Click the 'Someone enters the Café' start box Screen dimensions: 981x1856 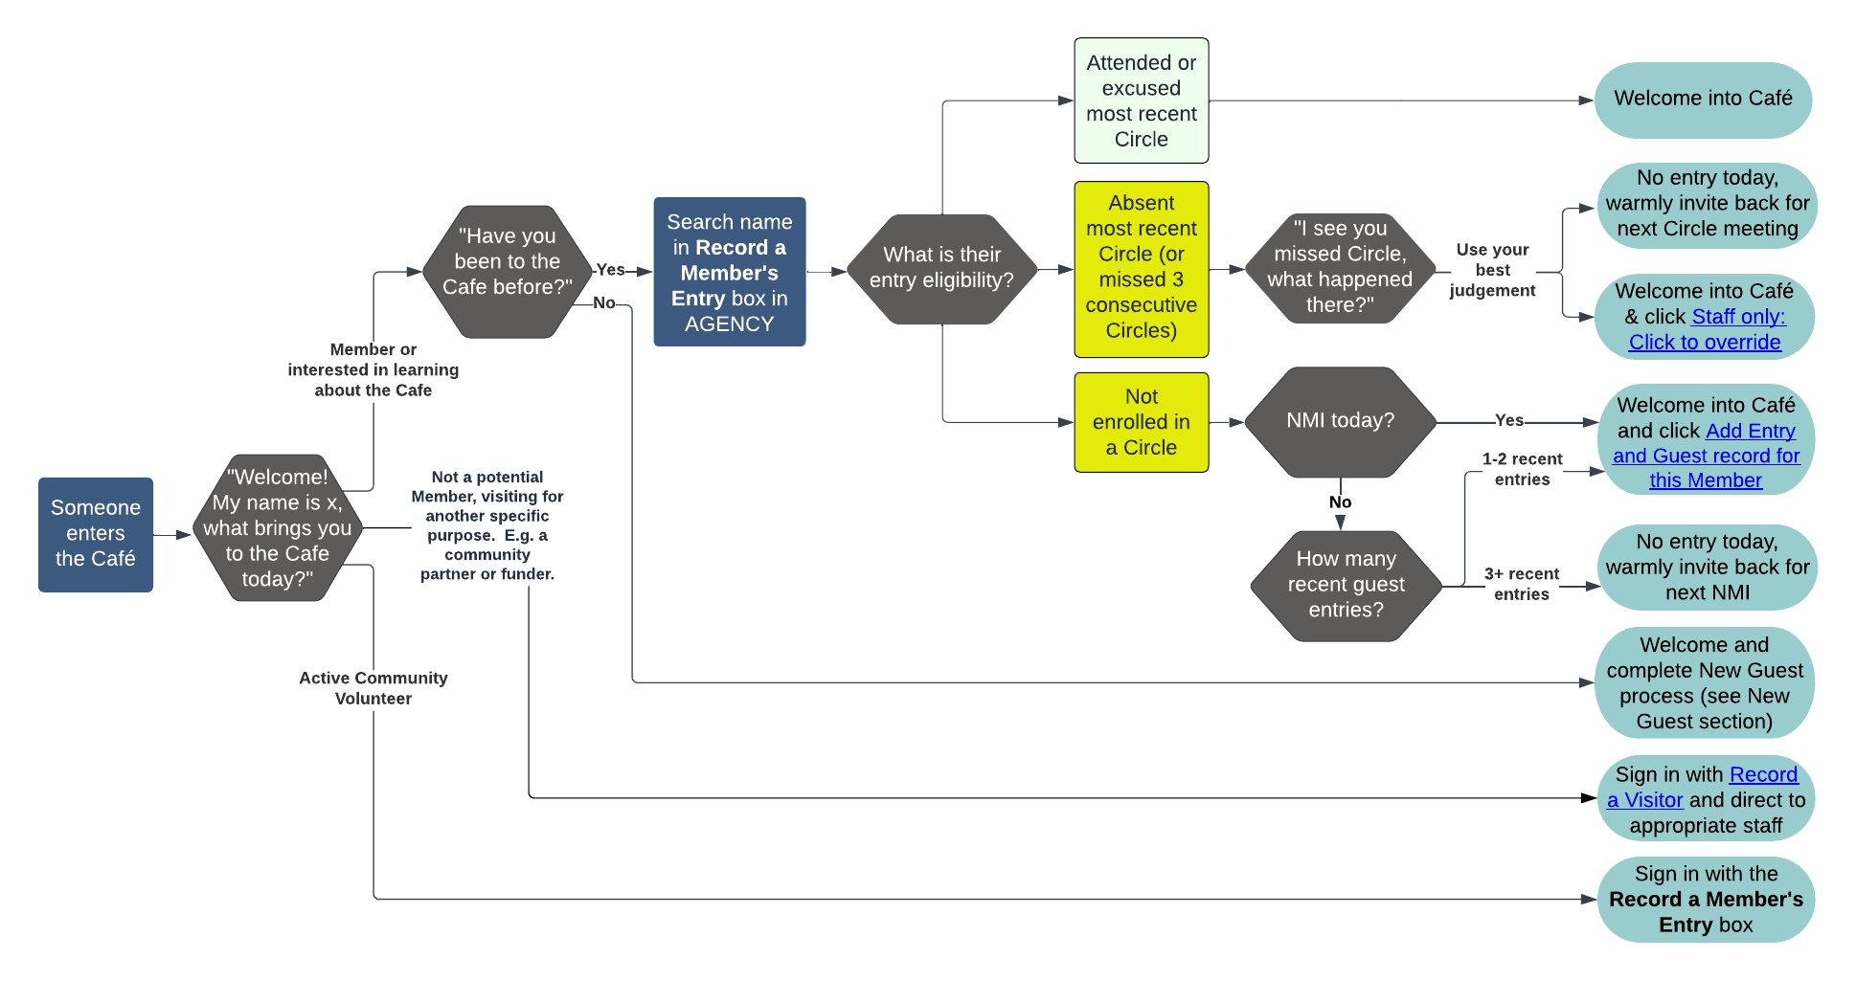coord(96,534)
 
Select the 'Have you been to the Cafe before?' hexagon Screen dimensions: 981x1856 coord(507,271)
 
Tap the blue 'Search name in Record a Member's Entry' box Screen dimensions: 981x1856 coord(730,272)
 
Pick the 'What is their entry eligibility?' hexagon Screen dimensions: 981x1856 coord(941,269)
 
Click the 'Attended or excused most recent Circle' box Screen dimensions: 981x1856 coord(1141,100)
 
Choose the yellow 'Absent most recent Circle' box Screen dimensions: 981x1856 coord(1141,269)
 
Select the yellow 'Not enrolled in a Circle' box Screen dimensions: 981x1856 coord(1141,422)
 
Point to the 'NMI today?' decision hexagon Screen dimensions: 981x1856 coord(1340,421)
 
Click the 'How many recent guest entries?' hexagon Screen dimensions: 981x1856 coord(1346,585)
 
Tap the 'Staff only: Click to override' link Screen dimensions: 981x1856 coord(1706,330)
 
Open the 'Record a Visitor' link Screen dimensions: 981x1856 coord(1705,787)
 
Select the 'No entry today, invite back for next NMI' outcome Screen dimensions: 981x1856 coord(1707,568)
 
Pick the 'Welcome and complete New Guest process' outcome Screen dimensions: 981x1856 coord(1705,683)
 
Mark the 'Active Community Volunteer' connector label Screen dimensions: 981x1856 coord(373,688)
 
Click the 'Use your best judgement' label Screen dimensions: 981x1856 coord(1492,270)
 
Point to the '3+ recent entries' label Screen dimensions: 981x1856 coord(1521,584)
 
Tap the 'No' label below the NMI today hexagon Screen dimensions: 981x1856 coord(1340,502)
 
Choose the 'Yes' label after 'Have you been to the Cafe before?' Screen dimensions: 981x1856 coord(610,270)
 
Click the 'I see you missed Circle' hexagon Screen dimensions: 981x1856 coord(1340,267)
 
